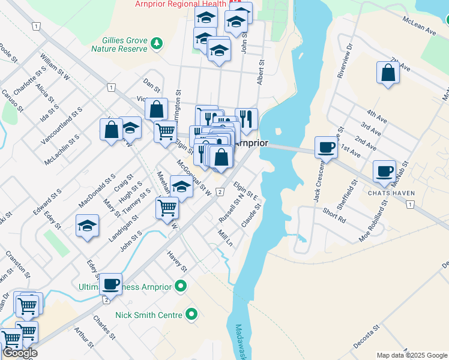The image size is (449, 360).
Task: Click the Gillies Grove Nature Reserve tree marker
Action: click(156, 43)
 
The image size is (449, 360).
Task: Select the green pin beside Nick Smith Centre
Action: click(191, 314)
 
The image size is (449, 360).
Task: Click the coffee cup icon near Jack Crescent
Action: click(327, 147)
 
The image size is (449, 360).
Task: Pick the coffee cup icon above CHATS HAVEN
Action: click(384, 171)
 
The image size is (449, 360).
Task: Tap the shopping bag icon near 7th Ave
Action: click(388, 73)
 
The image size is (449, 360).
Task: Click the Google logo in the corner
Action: click(20, 353)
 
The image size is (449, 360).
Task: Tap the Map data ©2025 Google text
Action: click(412, 355)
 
